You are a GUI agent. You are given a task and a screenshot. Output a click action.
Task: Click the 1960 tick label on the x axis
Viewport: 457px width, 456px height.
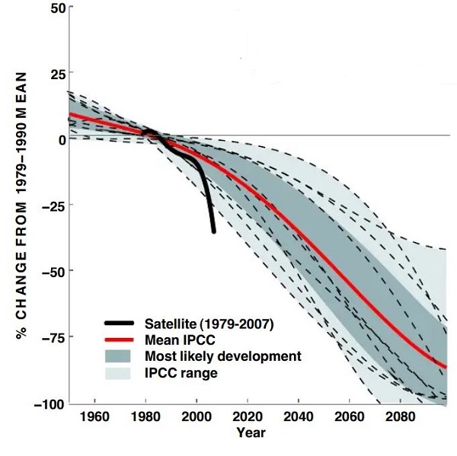click(94, 417)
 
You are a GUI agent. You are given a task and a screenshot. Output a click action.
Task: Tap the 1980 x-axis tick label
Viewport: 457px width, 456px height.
click(145, 417)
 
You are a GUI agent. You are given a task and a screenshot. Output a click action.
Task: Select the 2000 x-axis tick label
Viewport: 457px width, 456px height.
click(197, 417)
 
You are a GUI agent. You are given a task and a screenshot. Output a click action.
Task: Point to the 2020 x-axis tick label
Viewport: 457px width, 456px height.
click(248, 417)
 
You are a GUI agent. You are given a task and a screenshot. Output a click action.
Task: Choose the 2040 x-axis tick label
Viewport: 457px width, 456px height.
click(299, 417)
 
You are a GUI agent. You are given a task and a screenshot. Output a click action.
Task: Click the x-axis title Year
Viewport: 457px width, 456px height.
click(251, 432)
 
